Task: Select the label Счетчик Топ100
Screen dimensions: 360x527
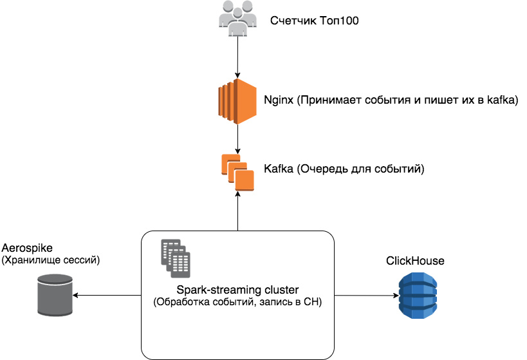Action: (315, 21)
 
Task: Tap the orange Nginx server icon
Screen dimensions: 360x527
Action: (238, 100)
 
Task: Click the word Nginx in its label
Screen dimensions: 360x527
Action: (279, 101)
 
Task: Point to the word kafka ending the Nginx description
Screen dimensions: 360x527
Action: (503, 101)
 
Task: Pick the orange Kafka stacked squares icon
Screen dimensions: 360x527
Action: (237, 172)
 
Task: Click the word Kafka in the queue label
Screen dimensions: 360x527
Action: (278, 170)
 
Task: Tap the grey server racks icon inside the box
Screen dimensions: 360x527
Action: (176, 255)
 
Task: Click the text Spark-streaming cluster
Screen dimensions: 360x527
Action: (237, 290)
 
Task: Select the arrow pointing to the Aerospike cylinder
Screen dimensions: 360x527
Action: (106, 296)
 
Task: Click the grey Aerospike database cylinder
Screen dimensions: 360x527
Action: (55, 296)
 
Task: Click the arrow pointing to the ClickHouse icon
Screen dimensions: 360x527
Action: (364, 296)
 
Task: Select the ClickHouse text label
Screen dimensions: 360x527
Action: (415, 261)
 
